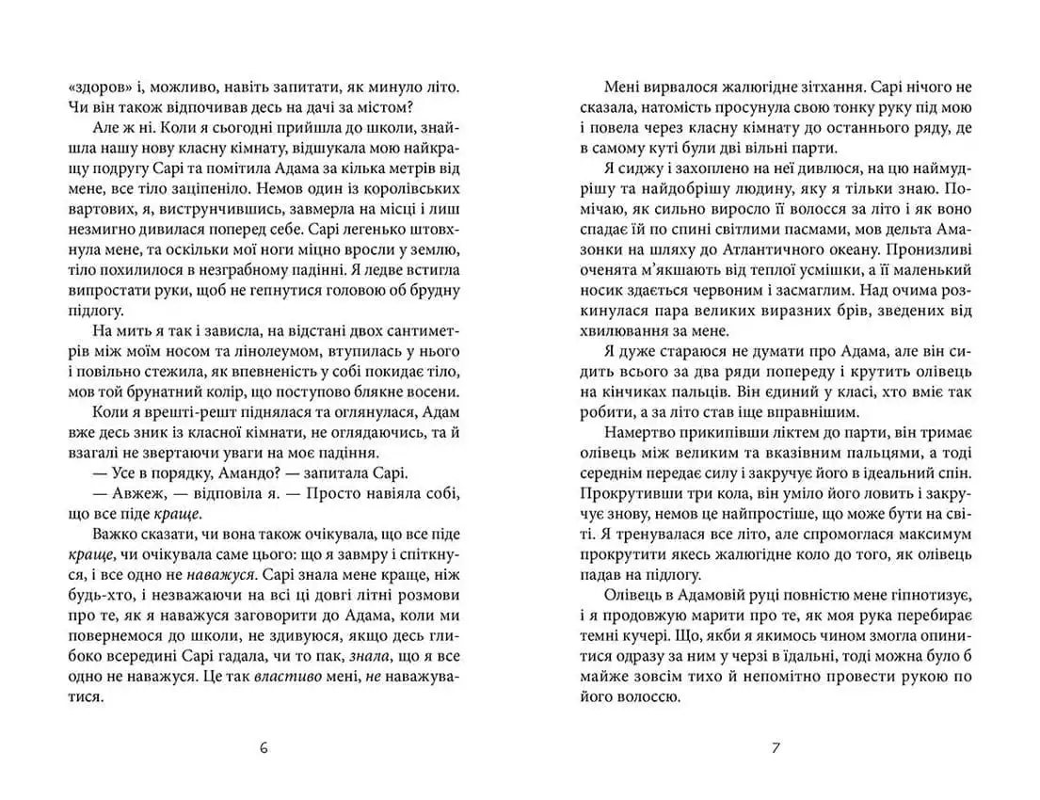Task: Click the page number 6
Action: [x=263, y=749]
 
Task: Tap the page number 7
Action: [x=776, y=749]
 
